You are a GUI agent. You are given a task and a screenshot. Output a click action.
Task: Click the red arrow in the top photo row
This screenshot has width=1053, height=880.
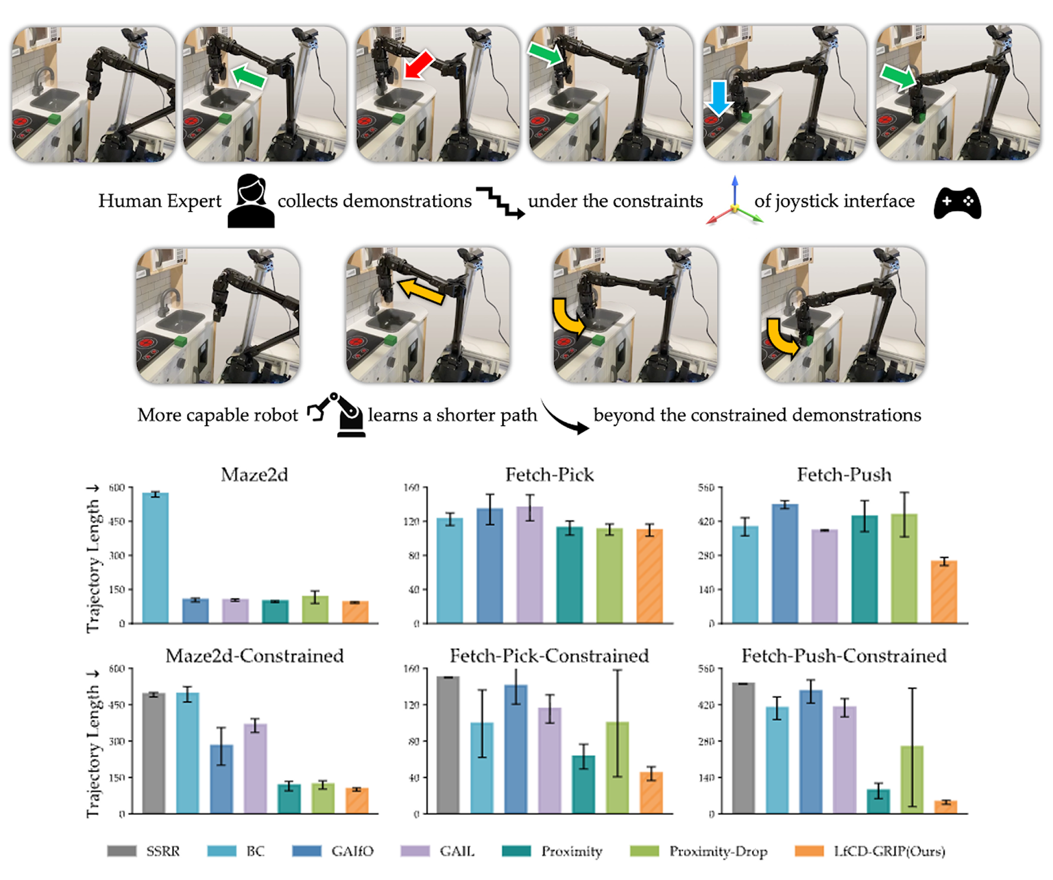coord(419,64)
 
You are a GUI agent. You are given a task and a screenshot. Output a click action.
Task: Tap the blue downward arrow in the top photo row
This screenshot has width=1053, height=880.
coord(718,98)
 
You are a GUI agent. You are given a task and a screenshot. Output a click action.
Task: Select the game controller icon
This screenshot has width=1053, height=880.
coord(957,203)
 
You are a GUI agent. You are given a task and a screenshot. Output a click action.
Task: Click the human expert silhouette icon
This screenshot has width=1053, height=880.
coord(251,201)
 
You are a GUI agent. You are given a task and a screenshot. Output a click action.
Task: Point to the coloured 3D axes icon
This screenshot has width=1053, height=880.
coord(734,202)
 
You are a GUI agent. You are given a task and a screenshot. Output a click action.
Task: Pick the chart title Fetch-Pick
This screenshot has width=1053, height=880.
coord(549,475)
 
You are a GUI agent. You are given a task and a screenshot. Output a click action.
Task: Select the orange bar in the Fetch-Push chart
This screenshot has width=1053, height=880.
coord(944,591)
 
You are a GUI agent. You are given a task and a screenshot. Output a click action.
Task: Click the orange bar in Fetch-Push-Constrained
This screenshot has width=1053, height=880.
coord(945,807)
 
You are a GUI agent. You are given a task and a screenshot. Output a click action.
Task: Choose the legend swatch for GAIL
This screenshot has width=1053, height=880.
coord(415,851)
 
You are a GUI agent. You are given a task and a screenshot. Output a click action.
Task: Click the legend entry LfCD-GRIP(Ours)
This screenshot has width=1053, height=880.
coord(889,851)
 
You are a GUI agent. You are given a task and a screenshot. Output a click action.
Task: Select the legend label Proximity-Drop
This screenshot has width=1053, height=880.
coord(718,851)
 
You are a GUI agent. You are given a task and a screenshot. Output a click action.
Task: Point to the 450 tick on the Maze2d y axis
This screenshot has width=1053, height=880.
coord(117,522)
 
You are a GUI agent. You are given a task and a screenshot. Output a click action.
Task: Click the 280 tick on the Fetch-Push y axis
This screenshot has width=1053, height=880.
coord(706,555)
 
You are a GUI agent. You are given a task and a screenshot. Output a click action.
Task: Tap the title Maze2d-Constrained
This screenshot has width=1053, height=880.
coord(254,656)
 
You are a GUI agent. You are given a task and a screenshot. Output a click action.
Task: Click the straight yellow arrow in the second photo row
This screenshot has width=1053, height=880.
coord(421,292)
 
